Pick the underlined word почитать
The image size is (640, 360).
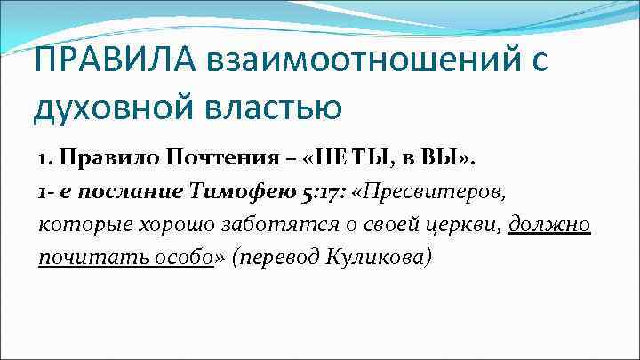83,257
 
